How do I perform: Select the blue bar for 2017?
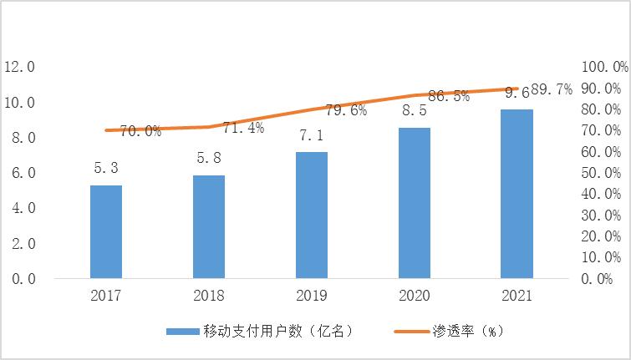pyautogui.click(x=106, y=231)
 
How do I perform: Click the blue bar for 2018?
pyautogui.click(x=209, y=226)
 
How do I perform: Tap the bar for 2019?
pyautogui.click(x=312, y=215)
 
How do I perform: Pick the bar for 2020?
pyautogui.click(x=415, y=202)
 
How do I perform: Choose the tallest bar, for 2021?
pyautogui.click(x=517, y=193)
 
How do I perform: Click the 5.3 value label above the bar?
pyautogui.click(x=106, y=169)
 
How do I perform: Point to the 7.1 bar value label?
pyautogui.click(x=312, y=135)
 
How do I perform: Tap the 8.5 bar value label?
pyautogui.click(x=415, y=110)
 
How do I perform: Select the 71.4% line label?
pyautogui.click(x=244, y=128)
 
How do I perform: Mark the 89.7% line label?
pyautogui.click(x=552, y=90)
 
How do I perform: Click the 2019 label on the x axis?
pyautogui.click(x=312, y=296)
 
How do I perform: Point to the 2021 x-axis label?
pyautogui.click(x=517, y=296)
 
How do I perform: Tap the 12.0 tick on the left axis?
pyautogui.click(x=19, y=67)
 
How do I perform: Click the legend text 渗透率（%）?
pyautogui.click(x=476, y=332)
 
